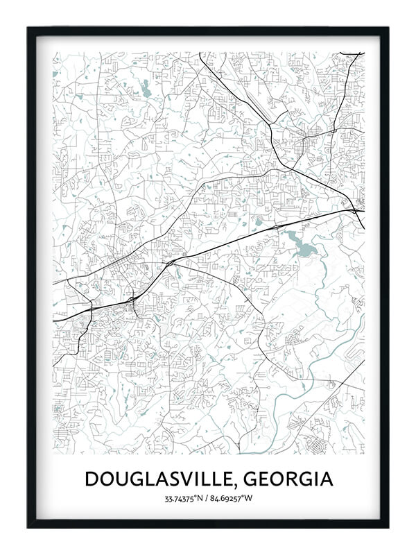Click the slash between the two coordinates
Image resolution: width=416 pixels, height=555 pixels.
click(x=209, y=498)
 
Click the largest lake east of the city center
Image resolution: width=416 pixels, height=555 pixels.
click(x=300, y=244)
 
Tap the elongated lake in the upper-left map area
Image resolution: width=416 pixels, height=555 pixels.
click(x=146, y=87)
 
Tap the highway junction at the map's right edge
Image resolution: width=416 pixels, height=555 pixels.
click(x=355, y=209)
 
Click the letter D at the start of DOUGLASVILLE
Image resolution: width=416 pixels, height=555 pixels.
click(x=91, y=479)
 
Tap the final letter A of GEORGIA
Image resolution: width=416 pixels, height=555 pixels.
click(x=325, y=479)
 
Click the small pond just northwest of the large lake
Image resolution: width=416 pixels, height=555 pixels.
click(x=259, y=222)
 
